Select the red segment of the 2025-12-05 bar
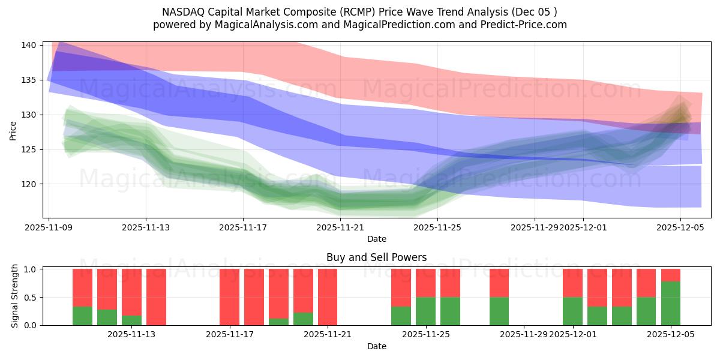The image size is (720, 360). click(671, 275)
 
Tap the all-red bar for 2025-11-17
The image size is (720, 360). click(229, 297)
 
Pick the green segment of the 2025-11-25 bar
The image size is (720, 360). click(425, 311)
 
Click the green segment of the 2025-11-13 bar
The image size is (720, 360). click(131, 320)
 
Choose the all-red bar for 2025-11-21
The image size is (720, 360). click(328, 297)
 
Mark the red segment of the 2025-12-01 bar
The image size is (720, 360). click(572, 283)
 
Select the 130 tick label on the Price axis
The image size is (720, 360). click(31, 115)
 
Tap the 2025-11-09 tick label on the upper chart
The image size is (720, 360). click(49, 227)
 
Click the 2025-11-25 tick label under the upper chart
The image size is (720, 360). click(437, 227)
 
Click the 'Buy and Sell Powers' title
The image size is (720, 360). click(376, 257)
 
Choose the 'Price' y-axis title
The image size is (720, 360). click(13, 130)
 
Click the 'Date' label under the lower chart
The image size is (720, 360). click(376, 346)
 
